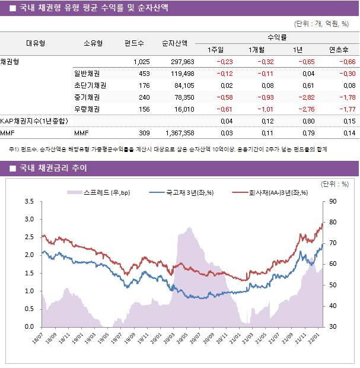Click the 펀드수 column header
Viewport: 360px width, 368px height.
click(x=134, y=43)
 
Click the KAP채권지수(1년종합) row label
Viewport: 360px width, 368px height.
click(x=34, y=121)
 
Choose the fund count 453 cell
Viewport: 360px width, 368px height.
click(x=144, y=74)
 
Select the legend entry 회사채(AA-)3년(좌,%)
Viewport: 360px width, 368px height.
click(x=269, y=192)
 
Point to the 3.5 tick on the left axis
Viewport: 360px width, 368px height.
click(x=28, y=202)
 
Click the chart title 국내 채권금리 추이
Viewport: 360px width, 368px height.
click(x=53, y=169)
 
